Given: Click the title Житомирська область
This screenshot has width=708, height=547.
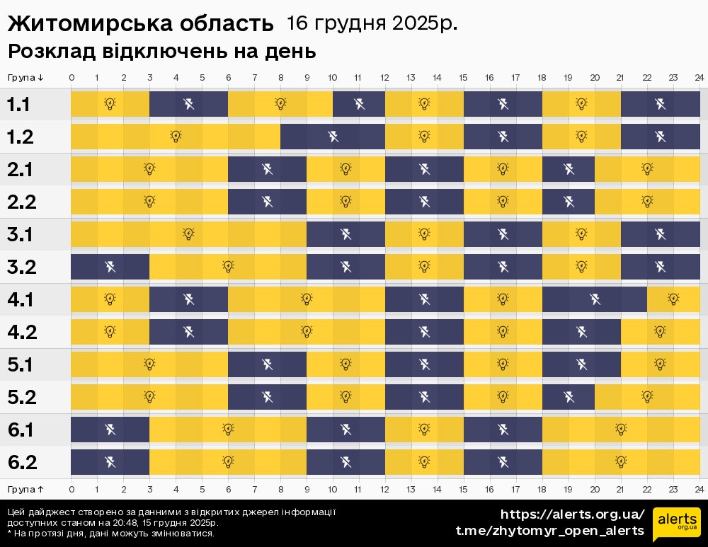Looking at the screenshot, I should tap(139, 24).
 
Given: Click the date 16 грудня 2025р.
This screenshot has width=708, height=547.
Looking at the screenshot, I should tap(372, 23).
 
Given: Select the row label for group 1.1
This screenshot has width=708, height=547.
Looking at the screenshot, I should tap(18, 105).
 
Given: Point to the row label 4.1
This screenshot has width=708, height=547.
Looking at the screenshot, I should tap(21, 300).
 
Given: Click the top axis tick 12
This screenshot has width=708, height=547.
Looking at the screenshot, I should tap(385, 77).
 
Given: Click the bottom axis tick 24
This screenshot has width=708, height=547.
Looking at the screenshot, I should tap(699, 489).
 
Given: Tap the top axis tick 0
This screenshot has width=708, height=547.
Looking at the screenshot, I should tap(72, 77).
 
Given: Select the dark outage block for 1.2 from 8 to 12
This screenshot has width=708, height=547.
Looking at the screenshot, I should tap(333, 137).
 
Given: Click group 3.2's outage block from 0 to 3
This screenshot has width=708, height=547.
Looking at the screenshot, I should tap(110, 267).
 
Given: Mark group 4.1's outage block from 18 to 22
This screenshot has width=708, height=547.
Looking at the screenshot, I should tap(595, 299).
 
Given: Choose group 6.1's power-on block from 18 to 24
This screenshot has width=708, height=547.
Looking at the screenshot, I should tap(621, 430).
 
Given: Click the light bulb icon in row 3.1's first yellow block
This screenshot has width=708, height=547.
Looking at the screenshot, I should tap(188, 234).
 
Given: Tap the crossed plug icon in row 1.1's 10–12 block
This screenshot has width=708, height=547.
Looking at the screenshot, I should tap(359, 105).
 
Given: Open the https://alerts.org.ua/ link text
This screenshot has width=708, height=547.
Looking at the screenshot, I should tap(573, 514).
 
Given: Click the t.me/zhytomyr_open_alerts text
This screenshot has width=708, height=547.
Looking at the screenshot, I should tap(549, 531).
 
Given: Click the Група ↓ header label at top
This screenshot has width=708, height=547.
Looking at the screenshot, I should tap(25, 77).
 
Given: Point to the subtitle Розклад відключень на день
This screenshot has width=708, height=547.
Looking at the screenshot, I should tap(161, 52).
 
